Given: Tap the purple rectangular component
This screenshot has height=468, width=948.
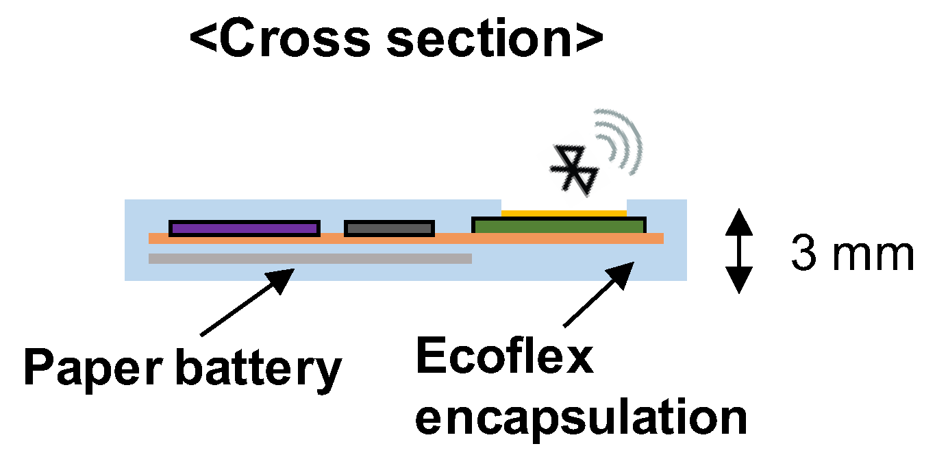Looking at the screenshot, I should click(x=244, y=228).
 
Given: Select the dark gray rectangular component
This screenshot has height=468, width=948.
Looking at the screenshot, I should click(x=389, y=228).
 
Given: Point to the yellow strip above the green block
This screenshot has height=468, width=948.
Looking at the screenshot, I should click(x=564, y=213).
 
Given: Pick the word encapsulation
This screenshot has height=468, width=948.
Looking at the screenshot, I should click(x=581, y=417).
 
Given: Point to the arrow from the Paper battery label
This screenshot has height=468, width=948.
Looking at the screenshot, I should click(x=247, y=301).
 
